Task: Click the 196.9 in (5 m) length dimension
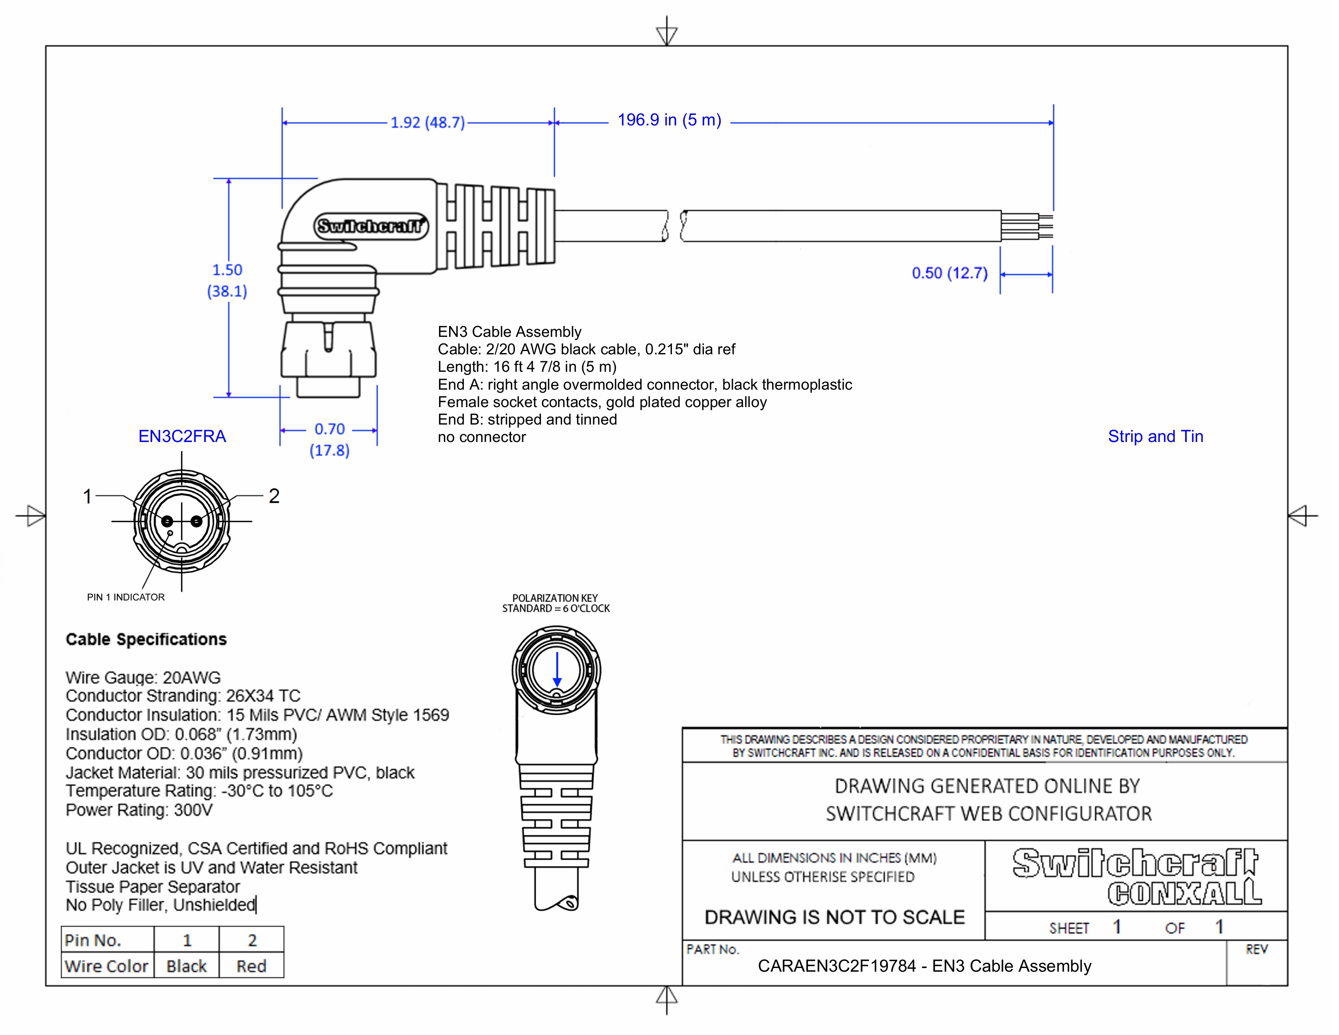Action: (x=669, y=120)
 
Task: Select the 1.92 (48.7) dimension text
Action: (x=428, y=123)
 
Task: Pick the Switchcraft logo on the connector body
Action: (x=371, y=226)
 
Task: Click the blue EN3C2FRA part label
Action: (x=182, y=437)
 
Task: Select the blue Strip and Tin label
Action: (x=1155, y=437)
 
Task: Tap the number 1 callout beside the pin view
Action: (x=88, y=496)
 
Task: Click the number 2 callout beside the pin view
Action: (x=274, y=496)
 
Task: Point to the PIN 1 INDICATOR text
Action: (x=126, y=597)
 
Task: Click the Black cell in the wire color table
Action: (x=186, y=966)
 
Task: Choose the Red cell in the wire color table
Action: (x=252, y=966)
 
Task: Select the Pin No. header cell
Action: (x=93, y=940)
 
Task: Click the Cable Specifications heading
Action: (x=146, y=640)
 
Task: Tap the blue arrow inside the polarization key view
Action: (x=557, y=670)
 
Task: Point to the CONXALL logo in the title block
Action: (x=1184, y=893)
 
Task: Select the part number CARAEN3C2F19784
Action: (x=836, y=966)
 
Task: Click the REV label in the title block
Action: (x=1256, y=950)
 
